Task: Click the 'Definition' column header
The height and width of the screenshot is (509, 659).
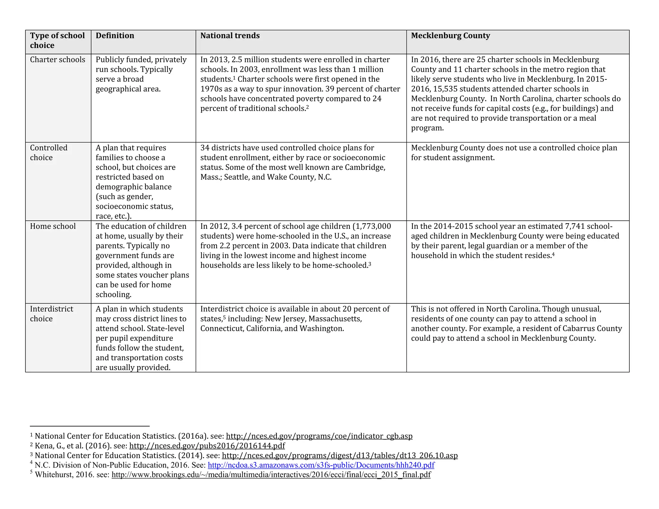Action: coord(115,36)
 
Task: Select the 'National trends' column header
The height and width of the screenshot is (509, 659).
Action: coord(230,36)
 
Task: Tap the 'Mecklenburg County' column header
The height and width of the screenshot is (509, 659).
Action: coord(450,36)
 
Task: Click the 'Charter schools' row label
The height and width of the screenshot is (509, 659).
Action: coord(58,60)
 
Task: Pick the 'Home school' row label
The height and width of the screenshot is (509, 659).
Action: coord(53,227)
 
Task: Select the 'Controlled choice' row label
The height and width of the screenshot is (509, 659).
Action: coord(49,153)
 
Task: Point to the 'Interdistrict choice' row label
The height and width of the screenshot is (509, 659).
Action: coord(51,314)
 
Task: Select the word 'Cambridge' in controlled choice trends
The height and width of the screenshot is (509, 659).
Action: coord(365,168)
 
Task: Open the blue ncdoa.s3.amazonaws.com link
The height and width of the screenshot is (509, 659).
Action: coord(321,465)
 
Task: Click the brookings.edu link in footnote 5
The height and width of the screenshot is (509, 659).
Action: coord(271,475)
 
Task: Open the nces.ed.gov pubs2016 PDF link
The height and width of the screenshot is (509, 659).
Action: coord(207,446)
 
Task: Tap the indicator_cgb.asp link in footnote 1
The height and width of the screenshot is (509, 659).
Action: coord(319,436)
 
